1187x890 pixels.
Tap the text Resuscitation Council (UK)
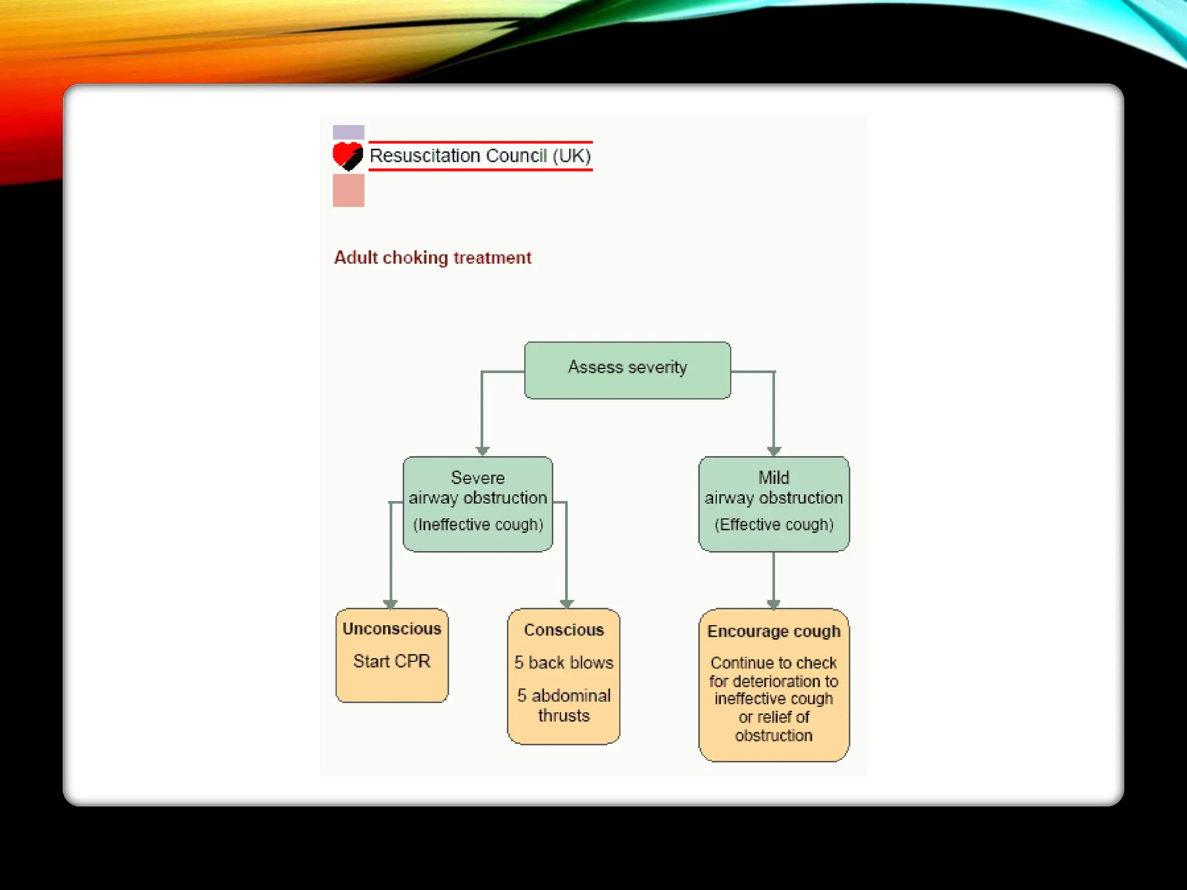point(480,156)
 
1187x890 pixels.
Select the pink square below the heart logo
point(348,190)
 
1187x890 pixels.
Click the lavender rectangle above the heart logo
point(348,132)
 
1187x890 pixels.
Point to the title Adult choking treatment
point(432,257)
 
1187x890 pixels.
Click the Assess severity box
point(627,370)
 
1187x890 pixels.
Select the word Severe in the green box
point(478,477)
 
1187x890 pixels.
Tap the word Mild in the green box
point(774,477)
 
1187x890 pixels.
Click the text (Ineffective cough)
point(478,524)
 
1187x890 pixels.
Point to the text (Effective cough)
point(774,524)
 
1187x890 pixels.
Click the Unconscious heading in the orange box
point(392,629)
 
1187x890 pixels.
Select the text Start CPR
point(392,661)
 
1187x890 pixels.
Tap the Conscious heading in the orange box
point(564,630)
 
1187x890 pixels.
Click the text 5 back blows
point(564,662)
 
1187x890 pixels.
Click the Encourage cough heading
point(774,631)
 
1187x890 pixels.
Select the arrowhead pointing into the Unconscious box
point(391,604)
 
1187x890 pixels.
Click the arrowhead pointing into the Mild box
point(774,451)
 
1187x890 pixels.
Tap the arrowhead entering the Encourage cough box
point(774,604)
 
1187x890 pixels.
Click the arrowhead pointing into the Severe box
point(482,451)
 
